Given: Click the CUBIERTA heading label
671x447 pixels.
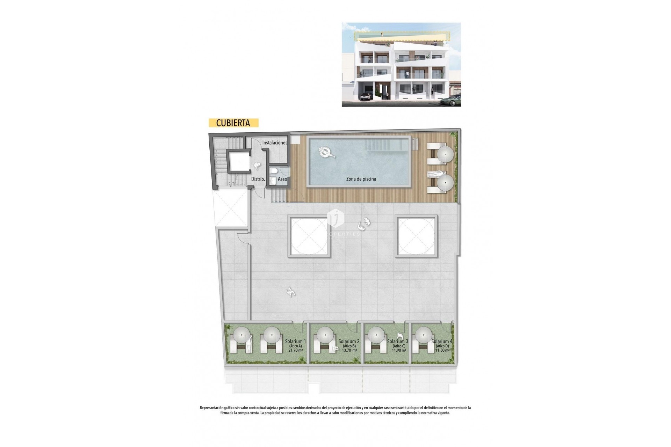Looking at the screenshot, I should pyautogui.click(x=233, y=123).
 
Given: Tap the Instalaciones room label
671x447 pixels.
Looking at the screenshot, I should pyautogui.click(x=275, y=142).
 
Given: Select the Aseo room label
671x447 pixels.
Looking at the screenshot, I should pyautogui.click(x=282, y=179).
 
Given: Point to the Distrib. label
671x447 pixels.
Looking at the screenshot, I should pyautogui.click(x=258, y=179).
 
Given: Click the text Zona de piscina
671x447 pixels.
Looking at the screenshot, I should pyautogui.click(x=361, y=179).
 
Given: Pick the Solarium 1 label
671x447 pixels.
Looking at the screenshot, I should pyautogui.click(x=295, y=341).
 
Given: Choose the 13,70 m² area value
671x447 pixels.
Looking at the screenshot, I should pyautogui.click(x=349, y=350).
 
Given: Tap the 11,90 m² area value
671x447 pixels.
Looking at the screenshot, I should pyautogui.click(x=399, y=350).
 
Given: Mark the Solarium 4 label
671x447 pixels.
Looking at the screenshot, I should pyautogui.click(x=442, y=341).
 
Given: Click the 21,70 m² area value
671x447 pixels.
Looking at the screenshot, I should pyautogui.click(x=295, y=350).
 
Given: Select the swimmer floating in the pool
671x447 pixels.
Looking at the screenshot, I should pyautogui.click(x=326, y=152).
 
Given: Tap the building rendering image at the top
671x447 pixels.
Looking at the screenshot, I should pyautogui.click(x=401, y=65).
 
